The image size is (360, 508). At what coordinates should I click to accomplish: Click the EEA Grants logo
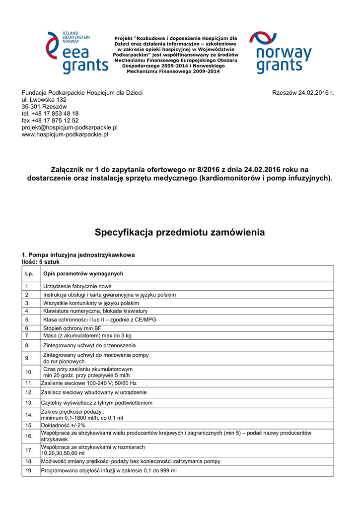pos(77,53)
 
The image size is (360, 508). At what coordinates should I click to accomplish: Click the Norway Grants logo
pos(280,53)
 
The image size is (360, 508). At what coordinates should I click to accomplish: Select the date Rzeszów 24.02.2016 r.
pos(303,93)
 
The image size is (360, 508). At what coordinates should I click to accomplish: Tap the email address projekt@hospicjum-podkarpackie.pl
pos(70,127)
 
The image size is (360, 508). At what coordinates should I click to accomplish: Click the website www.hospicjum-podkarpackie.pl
pos(65,134)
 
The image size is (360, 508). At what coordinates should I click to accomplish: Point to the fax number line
pos(50,121)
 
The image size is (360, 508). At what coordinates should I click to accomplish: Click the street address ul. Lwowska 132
pos(44,100)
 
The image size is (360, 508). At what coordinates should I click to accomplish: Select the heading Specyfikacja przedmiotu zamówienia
pos(180,232)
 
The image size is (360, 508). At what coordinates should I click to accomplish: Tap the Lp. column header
pos(29,274)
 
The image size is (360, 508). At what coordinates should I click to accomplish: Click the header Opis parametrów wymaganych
pos(83,274)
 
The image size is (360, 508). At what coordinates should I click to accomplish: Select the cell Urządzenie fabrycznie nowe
pos(77,286)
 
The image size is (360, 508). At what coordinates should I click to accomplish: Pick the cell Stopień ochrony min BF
pos(72,328)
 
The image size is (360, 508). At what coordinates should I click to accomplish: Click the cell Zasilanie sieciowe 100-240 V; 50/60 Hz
pos(89,383)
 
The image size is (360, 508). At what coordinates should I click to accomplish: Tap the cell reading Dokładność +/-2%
pos(63,425)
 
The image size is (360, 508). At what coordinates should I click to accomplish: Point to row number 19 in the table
pos(29,470)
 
